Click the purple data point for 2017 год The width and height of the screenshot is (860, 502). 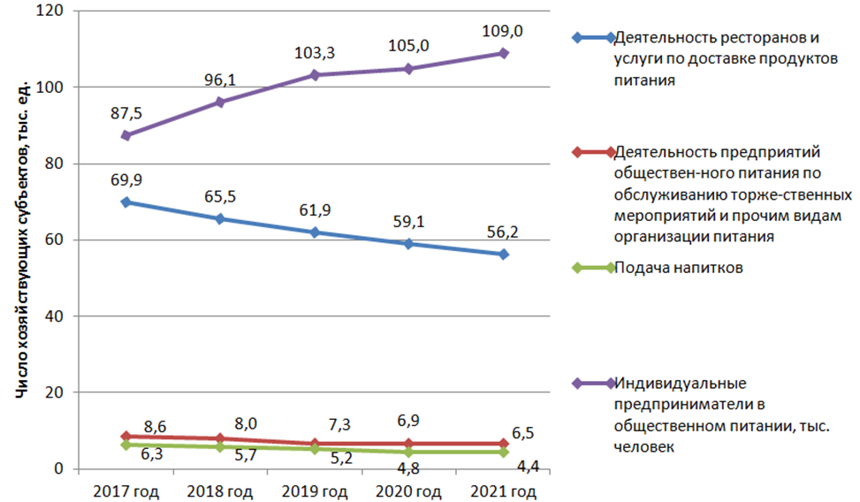[x=126, y=135]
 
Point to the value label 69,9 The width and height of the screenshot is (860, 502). [x=126, y=180]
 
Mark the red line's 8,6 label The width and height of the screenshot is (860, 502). [x=156, y=426]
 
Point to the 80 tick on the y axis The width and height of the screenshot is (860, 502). [x=57, y=164]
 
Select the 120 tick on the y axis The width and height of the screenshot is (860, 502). [x=53, y=11]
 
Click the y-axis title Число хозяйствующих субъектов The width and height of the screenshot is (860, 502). [x=26, y=239]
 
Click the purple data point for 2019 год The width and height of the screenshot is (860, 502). [x=316, y=75]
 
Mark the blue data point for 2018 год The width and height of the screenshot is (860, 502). [x=221, y=218]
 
